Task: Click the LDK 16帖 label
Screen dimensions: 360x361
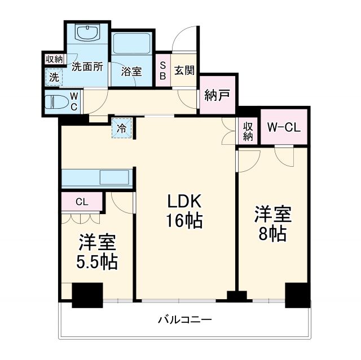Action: point(183,211)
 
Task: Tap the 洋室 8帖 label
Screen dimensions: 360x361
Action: point(272,224)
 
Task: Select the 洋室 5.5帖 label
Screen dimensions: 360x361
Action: point(98,252)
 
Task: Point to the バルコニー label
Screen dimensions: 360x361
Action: point(184,320)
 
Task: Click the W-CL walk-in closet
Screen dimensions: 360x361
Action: point(284,127)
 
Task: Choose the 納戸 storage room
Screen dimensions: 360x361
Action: point(217,95)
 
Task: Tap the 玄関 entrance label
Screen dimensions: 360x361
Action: point(184,70)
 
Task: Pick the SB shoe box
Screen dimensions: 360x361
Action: point(162,70)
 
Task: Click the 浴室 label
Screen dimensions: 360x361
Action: point(131,72)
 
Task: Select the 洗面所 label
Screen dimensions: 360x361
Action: point(87,66)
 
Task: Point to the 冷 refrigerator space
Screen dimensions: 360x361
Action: point(122,127)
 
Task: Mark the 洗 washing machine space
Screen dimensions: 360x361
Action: point(54,78)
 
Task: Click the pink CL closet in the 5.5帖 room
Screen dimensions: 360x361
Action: point(81,201)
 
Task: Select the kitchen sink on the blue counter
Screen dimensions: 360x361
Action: point(116,178)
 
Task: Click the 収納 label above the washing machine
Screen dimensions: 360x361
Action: point(55,59)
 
